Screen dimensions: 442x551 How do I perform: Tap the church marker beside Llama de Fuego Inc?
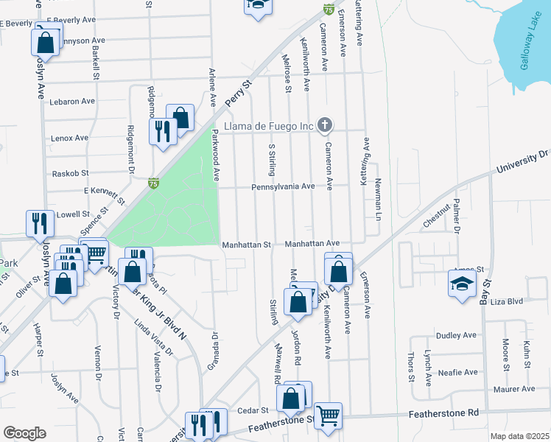coord(325,126)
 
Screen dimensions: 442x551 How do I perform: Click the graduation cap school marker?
coord(461,284)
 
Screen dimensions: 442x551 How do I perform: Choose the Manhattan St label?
coord(247,243)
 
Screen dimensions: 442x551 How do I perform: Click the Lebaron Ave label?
coord(72,101)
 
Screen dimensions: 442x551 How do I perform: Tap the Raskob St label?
coord(71,173)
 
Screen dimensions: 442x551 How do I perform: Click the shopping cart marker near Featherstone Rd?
coord(328,415)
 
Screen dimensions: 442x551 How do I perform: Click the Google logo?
coord(24,433)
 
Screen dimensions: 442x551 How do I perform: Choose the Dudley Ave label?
coord(457,335)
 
